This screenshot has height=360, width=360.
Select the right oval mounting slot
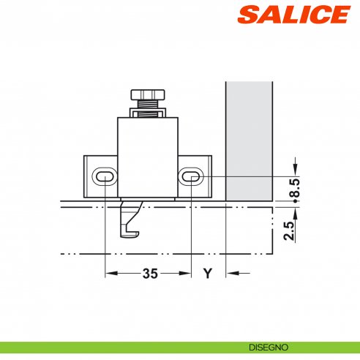(x=190, y=176)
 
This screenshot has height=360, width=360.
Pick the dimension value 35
(x=149, y=274)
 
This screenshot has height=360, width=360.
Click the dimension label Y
(x=207, y=274)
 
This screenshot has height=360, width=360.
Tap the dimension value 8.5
(x=294, y=190)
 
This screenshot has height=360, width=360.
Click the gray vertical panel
(x=249, y=139)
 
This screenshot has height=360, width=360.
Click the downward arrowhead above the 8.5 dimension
(x=294, y=171)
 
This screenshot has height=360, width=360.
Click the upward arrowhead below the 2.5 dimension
(x=294, y=214)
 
